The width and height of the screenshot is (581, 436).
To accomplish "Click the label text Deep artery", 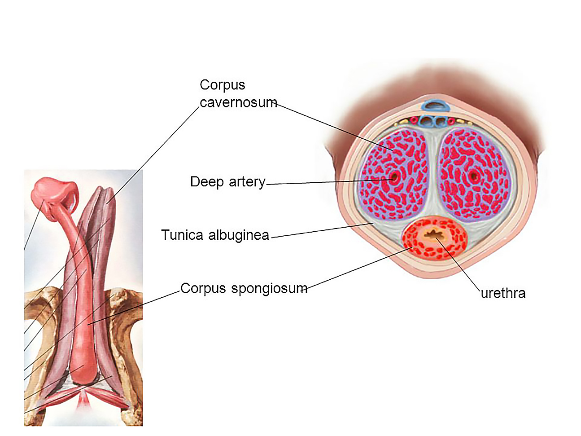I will (x=228, y=182).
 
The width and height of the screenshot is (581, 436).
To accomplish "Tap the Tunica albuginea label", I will (x=215, y=235).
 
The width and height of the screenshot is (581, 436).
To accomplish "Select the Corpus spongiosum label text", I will (x=244, y=288).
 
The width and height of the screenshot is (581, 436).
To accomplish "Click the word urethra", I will (x=503, y=293).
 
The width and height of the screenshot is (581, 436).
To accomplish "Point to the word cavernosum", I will (x=238, y=102).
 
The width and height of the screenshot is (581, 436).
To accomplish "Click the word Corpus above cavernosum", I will (x=223, y=85).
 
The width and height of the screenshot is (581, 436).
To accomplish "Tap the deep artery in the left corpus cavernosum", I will (x=394, y=177).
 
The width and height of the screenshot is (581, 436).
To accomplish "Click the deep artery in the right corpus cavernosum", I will (x=474, y=176).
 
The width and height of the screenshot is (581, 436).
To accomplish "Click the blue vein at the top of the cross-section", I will (x=433, y=107).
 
